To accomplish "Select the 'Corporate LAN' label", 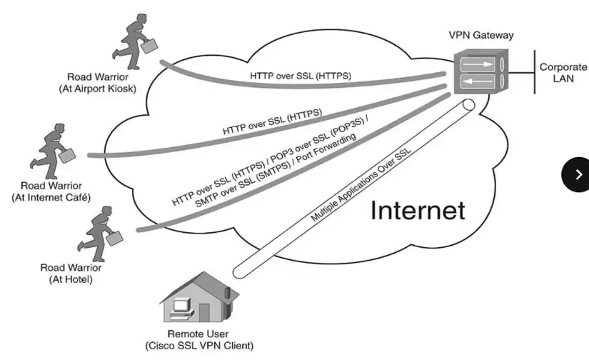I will [x=563, y=72].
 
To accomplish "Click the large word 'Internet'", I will [x=418, y=210].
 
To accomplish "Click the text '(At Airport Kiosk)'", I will [x=98, y=89].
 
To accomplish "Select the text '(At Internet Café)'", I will [x=51, y=197].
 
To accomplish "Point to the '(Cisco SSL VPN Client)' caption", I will [x=198, y=346].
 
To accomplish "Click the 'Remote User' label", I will [x=198, y=334].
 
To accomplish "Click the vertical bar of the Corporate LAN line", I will [x=535, y=72].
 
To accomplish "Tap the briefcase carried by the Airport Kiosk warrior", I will [x=148, y=46].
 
